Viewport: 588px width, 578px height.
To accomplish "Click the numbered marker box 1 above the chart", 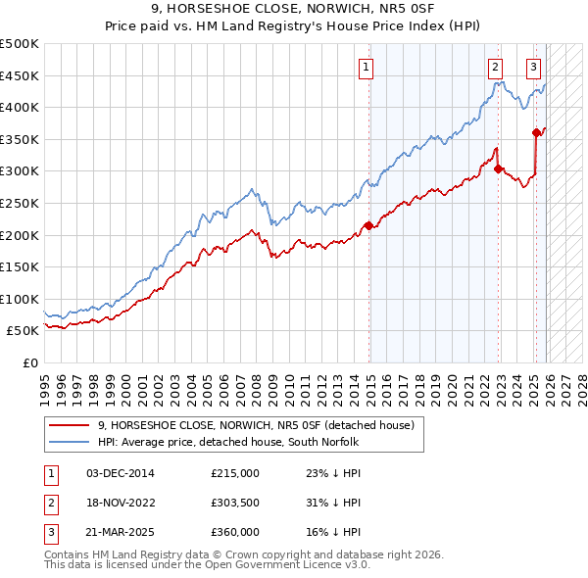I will [366, 68].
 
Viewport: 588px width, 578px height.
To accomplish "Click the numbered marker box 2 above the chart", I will [495, 68].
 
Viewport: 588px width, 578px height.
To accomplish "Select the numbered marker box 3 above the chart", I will [533, 68].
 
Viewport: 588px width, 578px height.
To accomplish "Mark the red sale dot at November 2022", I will [499, 169].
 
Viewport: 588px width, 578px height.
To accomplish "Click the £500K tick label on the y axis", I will [20, 44].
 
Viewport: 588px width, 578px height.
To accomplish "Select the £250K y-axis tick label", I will [20, 203].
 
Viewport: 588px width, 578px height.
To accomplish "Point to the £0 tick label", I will [30, 362].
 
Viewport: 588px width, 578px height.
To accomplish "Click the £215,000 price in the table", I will [235, 472].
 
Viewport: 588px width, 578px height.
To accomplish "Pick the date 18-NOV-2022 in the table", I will [121, 503].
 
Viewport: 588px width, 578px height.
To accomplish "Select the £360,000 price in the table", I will [235, 532].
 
